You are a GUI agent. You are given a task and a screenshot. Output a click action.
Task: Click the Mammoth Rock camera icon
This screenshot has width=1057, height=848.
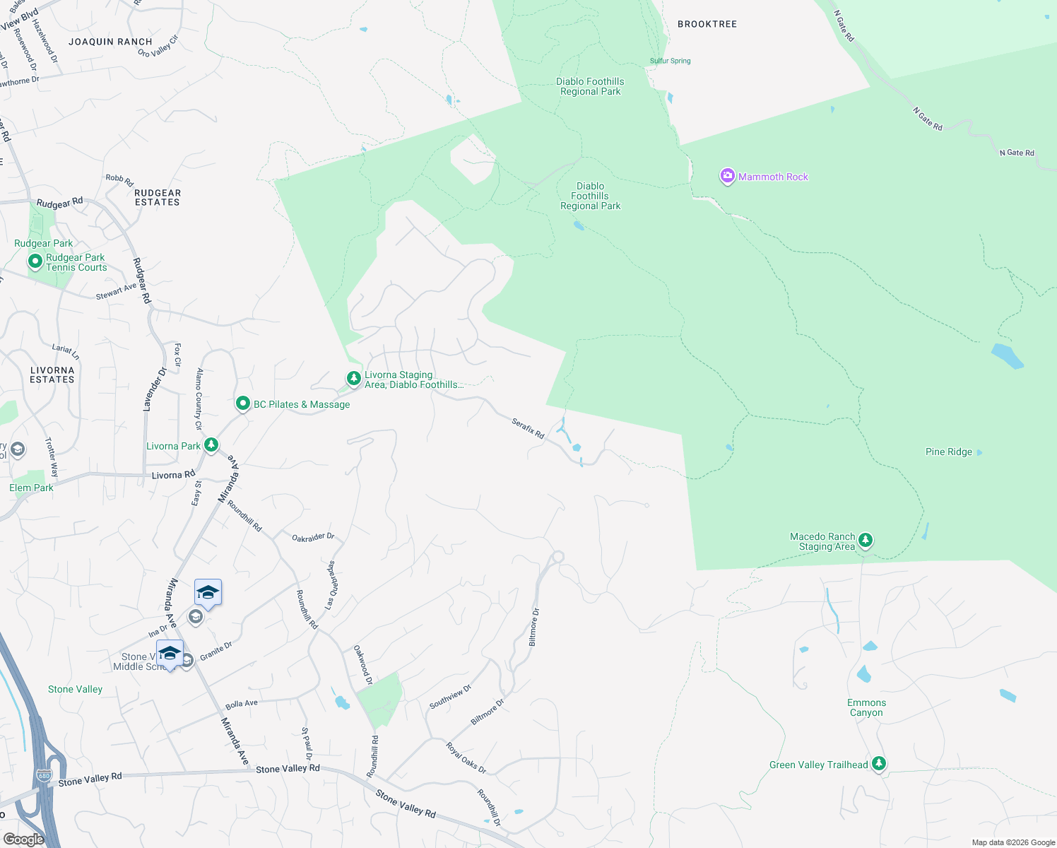coord(727,176)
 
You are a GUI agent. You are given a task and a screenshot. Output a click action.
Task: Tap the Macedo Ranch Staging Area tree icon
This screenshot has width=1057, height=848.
coord(865,541)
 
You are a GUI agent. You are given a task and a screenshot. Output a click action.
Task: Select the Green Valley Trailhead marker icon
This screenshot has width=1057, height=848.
coord(878,763)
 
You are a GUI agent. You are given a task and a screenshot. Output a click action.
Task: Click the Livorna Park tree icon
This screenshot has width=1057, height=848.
coord(211,444)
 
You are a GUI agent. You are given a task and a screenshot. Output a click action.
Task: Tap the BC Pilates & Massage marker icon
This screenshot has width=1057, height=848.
coord(242,404)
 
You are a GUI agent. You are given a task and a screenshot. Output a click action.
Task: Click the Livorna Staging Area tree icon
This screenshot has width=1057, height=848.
coord(353,379)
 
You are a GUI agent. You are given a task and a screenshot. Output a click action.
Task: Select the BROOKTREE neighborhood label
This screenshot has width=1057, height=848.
coord(707,24)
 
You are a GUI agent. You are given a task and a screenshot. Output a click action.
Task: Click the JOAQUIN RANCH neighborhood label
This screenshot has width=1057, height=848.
coord(110,42)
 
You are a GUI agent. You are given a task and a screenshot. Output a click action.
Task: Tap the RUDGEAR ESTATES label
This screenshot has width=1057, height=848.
coord(158,198)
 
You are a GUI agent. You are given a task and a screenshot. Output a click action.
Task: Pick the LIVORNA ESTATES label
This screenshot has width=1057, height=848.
coord(52,375)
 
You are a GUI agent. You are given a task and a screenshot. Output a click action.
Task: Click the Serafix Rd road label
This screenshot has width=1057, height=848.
coord(528,428)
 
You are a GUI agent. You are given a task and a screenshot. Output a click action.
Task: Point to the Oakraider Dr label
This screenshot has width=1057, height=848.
coord(313,538)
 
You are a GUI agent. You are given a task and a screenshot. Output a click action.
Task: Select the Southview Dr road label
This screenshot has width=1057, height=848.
coord(450,697)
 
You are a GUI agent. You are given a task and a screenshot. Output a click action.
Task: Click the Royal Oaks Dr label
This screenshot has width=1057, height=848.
coord(466,758)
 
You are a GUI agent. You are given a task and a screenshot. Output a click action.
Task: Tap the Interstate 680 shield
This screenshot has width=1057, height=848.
coord(44,775)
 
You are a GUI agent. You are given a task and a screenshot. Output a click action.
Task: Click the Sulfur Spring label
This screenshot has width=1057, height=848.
coord(670,61)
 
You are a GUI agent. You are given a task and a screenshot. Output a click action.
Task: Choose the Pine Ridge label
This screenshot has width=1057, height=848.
coord(948,452)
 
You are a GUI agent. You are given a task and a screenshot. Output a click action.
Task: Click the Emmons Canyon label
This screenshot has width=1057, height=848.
coord(866,707)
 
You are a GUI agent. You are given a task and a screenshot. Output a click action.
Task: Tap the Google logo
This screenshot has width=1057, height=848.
coord(23,839)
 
